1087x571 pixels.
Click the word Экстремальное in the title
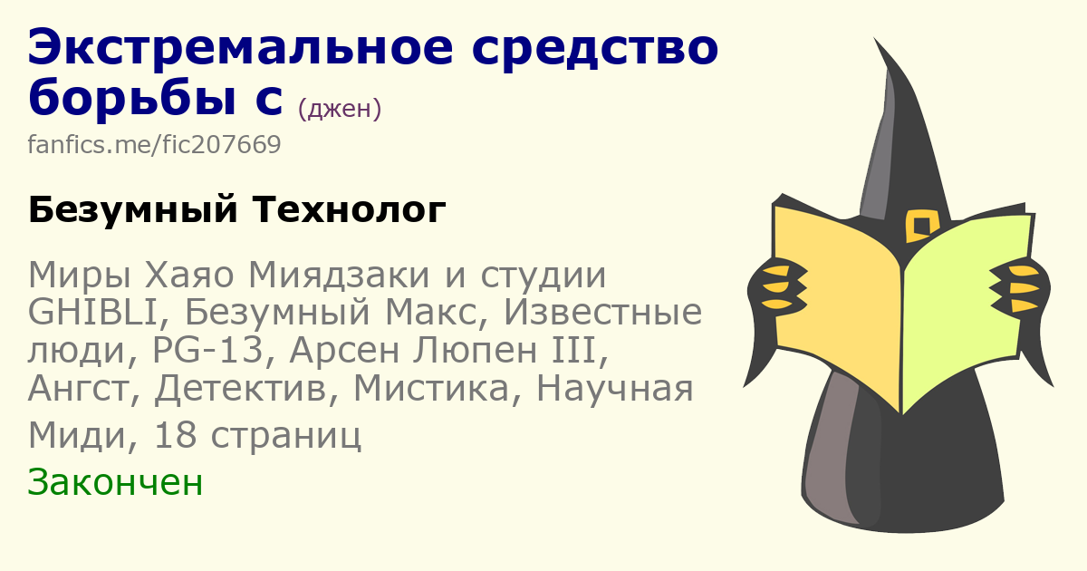point(241,47)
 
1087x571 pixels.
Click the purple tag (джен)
point(340,108)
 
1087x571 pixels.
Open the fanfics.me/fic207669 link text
point(154,144)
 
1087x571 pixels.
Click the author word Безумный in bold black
point(133,209)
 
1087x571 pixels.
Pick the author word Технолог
point(349,209)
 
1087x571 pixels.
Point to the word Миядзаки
point(339,275)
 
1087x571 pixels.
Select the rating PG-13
point(207,350)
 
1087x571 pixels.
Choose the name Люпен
point(475,351)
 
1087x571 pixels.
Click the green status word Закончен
point(115,482)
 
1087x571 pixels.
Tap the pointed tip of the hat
point(875,38)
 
